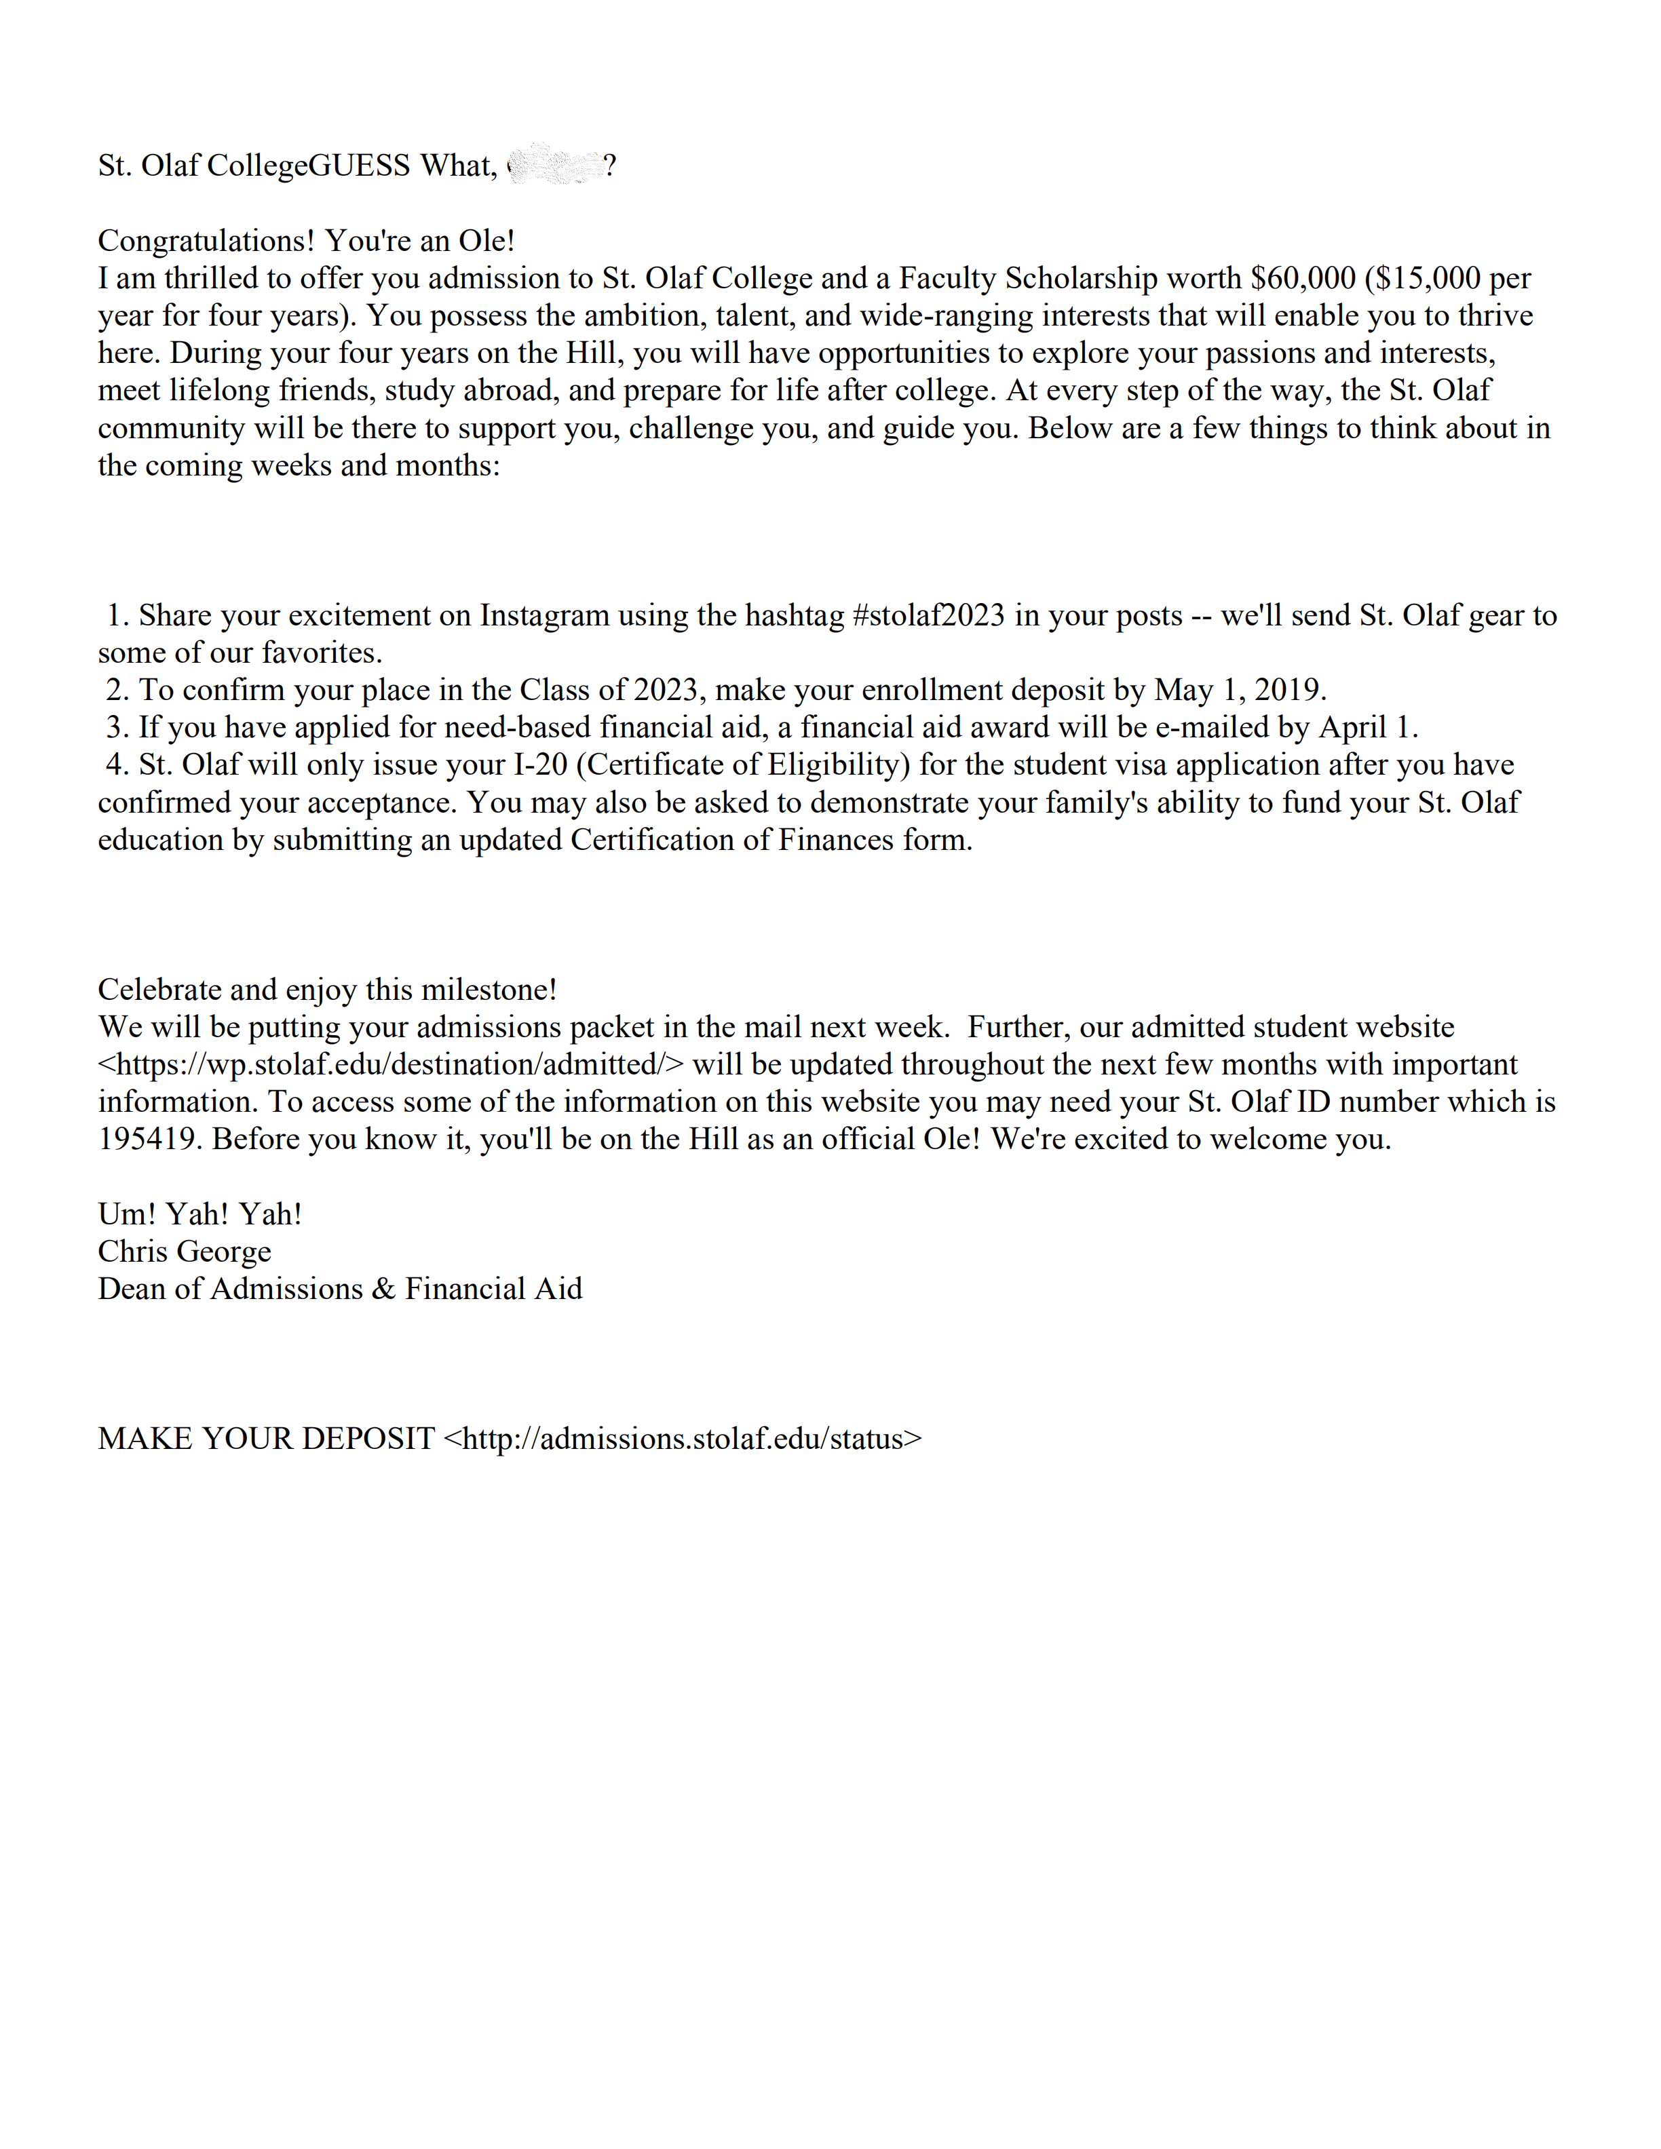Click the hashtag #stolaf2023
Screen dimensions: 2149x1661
[928, 616]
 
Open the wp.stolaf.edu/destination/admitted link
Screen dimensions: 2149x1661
[391, 1064]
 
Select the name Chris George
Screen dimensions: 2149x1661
[184, 1252]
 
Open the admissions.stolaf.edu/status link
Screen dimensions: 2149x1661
[683, 1439]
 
